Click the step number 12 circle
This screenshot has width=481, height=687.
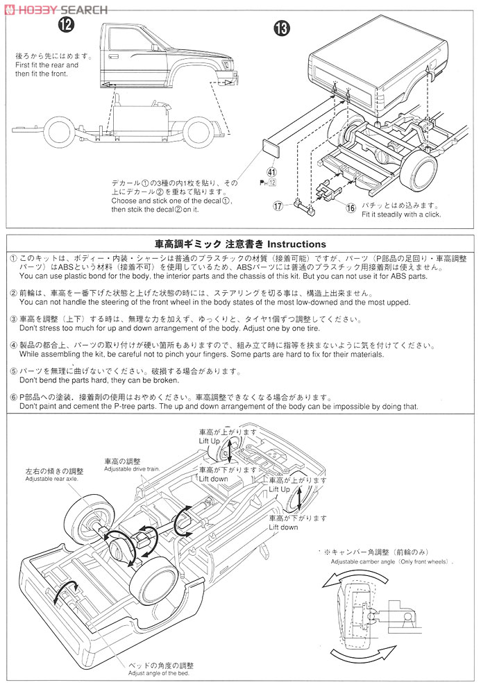[66, 26]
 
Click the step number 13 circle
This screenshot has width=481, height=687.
[282, 28]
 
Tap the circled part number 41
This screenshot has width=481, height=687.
[272, 172]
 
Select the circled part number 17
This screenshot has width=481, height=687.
[279, 205]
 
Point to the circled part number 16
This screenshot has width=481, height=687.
[351, 207]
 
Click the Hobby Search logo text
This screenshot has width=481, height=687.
[56, 10]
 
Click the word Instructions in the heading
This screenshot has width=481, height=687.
[296, 244]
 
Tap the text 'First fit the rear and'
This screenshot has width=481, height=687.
[47, 65]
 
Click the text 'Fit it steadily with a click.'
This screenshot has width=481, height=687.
[401, 214]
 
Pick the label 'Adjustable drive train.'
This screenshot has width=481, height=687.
[132, 469]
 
